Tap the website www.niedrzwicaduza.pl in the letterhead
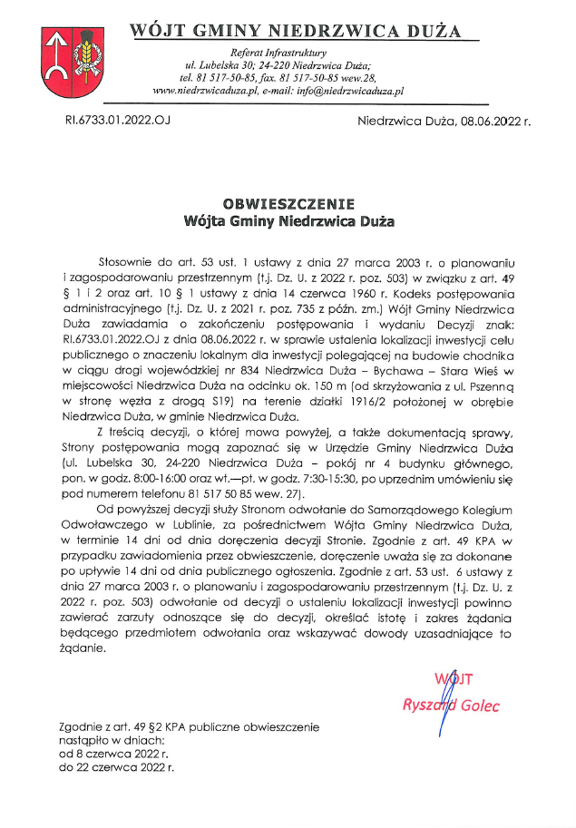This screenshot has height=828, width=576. click(x=214, y=91)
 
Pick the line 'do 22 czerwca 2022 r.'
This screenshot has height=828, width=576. click(x=116, y=766)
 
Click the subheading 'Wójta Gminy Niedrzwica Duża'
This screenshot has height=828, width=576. click(x=288, y=219)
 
